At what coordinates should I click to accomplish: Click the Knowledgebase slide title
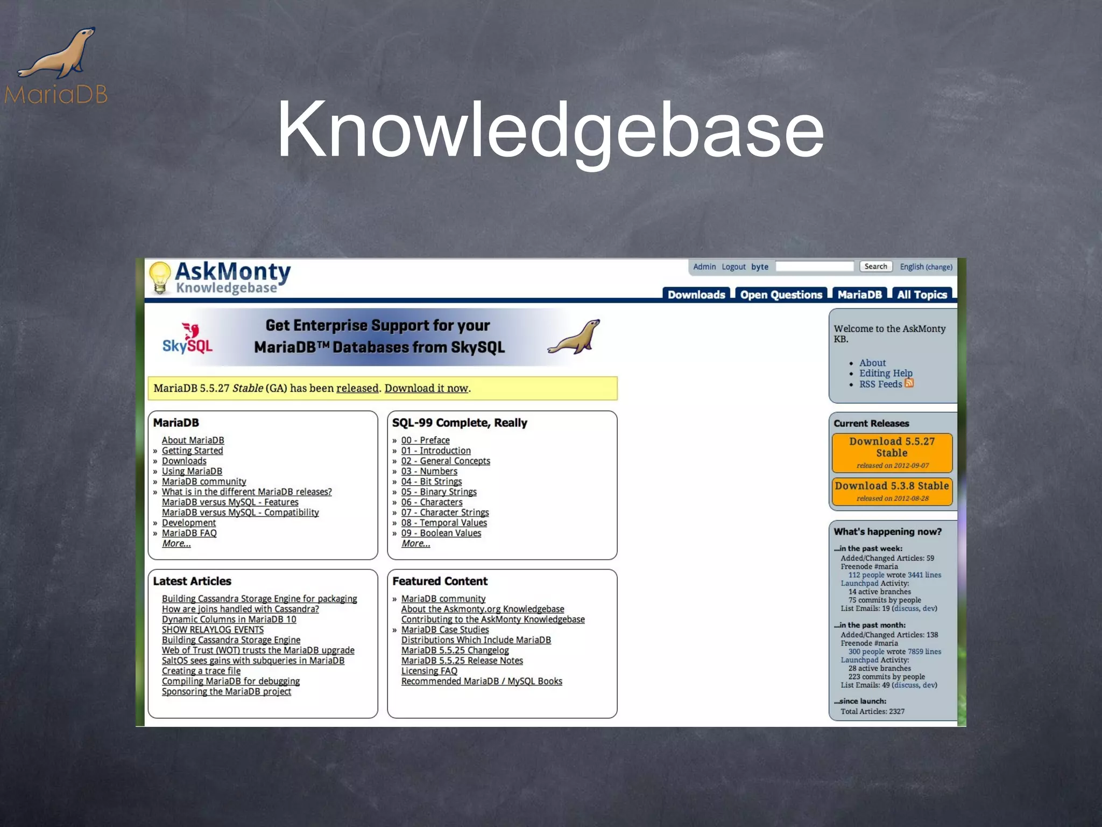550,131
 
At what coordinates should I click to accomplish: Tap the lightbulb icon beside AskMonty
160,277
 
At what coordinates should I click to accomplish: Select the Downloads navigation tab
696,295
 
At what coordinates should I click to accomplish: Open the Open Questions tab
781,295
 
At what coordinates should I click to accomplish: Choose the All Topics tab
921,295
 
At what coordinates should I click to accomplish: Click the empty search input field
815,267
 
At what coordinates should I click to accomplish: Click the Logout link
733,267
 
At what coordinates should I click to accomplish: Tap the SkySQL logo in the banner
188,338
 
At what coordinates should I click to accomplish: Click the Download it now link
426,388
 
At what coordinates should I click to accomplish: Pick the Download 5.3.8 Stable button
892,490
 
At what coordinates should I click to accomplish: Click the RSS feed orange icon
909,383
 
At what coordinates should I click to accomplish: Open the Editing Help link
886,373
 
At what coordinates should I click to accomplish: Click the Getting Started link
192,451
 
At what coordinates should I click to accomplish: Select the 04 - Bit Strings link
431,481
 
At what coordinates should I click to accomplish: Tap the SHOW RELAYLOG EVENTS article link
213,629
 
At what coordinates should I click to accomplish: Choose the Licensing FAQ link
429,671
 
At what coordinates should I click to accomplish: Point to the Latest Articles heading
192,581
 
